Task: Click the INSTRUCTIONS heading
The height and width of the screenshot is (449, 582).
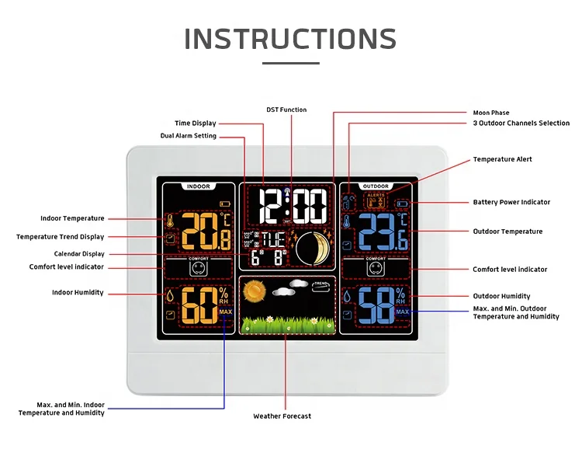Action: point(290,39)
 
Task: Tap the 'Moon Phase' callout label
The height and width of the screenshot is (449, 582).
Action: point(491,113)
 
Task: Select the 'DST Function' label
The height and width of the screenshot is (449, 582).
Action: point(287,110)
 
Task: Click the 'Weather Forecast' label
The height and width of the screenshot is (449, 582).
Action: point(282,416)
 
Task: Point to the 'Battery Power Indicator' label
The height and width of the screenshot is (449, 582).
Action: point(511,202)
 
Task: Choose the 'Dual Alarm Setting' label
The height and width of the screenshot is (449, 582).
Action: point(189,136)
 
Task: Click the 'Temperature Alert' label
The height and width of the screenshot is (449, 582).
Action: point(503,159)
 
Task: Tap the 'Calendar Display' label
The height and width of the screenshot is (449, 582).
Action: point(79,254)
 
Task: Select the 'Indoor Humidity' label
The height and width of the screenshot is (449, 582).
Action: point(78,293)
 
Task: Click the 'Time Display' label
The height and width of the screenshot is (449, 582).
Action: point(196,123)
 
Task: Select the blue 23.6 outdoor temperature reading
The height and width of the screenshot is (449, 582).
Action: point(380,232)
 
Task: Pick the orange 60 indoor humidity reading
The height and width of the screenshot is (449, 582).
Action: point(200,306)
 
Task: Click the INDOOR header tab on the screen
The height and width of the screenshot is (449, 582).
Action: point(199,186)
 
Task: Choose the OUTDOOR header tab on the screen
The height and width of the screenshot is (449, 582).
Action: point(376,186)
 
